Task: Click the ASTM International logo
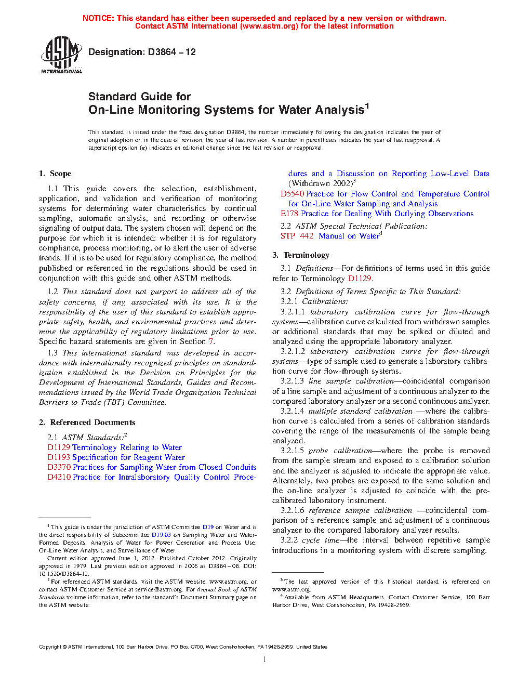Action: click(x=61, y=55)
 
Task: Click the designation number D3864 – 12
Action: click(x=142, y=52)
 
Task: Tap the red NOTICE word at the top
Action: click(x=98, y=18)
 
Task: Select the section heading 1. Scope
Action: click(x=55, y=174)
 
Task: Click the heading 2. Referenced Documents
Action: click(x=87, y=423)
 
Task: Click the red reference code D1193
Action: click(x=59, y=457)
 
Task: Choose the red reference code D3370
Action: click(x=59, y=467)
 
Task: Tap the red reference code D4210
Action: click(x=59, y=477)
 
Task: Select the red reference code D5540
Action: click(x=292, y=194)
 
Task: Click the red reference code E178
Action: click(x=289, y=214)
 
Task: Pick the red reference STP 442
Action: click(x=297, y=236)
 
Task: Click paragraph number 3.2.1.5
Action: click(x=292, y=451)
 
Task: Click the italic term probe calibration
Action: click(x=340, y=451)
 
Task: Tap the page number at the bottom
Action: click(x=264, y=659)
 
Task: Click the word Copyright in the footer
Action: click(x=50, y=647)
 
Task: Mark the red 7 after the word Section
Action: click(x=211, y=341)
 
